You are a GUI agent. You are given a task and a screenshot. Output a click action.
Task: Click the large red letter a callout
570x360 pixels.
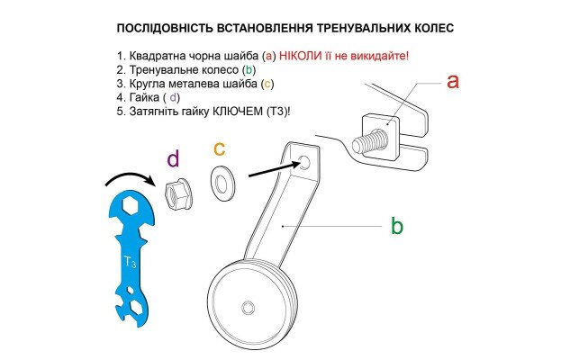click(452, 81)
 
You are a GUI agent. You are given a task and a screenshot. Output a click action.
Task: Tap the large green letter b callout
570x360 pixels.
click(396, 225)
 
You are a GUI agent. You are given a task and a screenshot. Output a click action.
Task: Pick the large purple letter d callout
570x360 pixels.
click(174, 160)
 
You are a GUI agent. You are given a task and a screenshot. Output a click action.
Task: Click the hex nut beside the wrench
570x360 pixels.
click(176, 191)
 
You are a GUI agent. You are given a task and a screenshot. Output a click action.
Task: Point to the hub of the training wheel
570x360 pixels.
click(248, 309)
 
